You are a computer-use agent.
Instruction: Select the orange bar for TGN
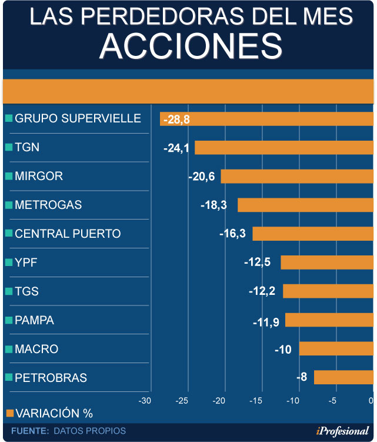pos(284,148)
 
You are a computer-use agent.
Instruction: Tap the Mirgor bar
pos(297,176)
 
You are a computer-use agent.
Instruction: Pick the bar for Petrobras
pos(343,377)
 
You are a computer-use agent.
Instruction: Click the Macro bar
pos(336,348)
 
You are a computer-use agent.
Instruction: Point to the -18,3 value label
pos(221,205)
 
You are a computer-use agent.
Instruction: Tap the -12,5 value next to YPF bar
pos(257,262)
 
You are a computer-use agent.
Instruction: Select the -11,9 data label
pos(266,320)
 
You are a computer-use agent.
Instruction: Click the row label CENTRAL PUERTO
pos(68,234)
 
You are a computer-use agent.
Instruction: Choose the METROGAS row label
pos(48,205)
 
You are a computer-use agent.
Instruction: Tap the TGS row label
pos(26,291)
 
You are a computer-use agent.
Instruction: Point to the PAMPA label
pos(34,320)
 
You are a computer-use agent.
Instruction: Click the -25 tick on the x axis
pos(182,401)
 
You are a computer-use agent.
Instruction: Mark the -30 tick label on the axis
pos(144,401)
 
